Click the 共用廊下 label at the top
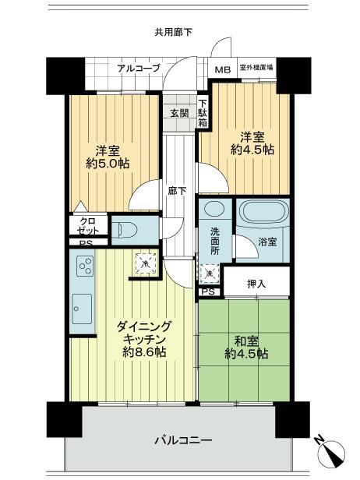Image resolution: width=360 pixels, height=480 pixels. [173, 32]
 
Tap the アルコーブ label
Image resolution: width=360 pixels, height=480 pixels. [138, 69]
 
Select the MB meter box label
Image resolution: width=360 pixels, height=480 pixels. [223, 69]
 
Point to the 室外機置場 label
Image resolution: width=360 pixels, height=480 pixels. [256, 69]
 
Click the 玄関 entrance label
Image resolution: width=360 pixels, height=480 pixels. [178, 112]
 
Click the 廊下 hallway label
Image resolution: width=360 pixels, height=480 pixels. [178, 190]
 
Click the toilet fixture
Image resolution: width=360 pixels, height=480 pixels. [127, 230]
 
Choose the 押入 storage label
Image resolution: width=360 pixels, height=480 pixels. [256, 283]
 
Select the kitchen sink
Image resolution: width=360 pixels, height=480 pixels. [81, 311]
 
